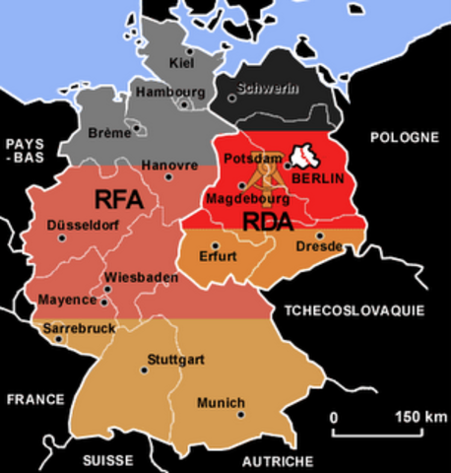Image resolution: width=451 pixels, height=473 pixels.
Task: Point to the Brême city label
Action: coord(109,132)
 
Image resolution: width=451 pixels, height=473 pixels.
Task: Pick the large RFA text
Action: coord(119,199)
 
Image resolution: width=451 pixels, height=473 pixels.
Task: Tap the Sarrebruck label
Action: coord(78,324)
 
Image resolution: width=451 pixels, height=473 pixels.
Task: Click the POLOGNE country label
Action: coord(403,137)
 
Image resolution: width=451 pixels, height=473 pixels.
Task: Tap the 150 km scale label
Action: coord(420,417)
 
